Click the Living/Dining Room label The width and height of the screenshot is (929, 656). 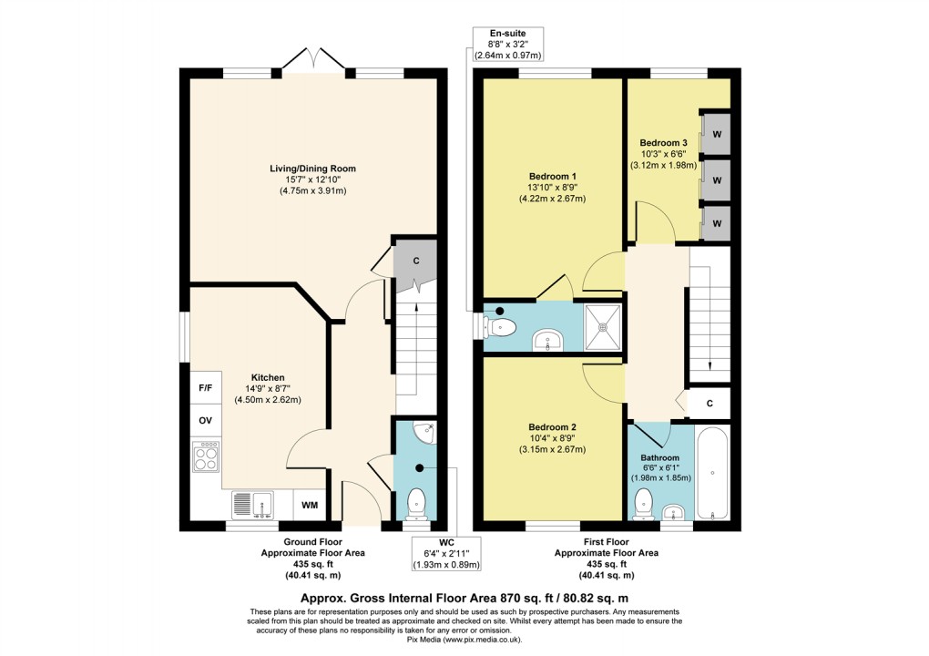[311, 169]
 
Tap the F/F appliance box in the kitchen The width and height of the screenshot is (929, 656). [205, 388]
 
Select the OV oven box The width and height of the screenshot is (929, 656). [205, 422]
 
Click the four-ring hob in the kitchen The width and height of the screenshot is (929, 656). [206, 455]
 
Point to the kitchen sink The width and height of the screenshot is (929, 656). [254, 504]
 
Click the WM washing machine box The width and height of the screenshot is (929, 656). [310, 505]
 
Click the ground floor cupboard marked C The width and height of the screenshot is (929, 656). [415, 261]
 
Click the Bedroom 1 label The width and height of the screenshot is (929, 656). [553, 176]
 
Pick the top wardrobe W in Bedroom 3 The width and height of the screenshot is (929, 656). [717, 135]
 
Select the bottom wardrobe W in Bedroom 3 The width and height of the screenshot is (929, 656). [717, 223]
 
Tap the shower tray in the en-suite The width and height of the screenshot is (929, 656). [601, 324]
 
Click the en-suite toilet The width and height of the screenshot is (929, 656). [503, 325]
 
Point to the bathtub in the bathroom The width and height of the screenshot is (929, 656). [712, 474]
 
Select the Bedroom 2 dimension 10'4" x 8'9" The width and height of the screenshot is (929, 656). [552, 438]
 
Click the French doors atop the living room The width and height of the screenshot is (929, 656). [312, 62]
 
